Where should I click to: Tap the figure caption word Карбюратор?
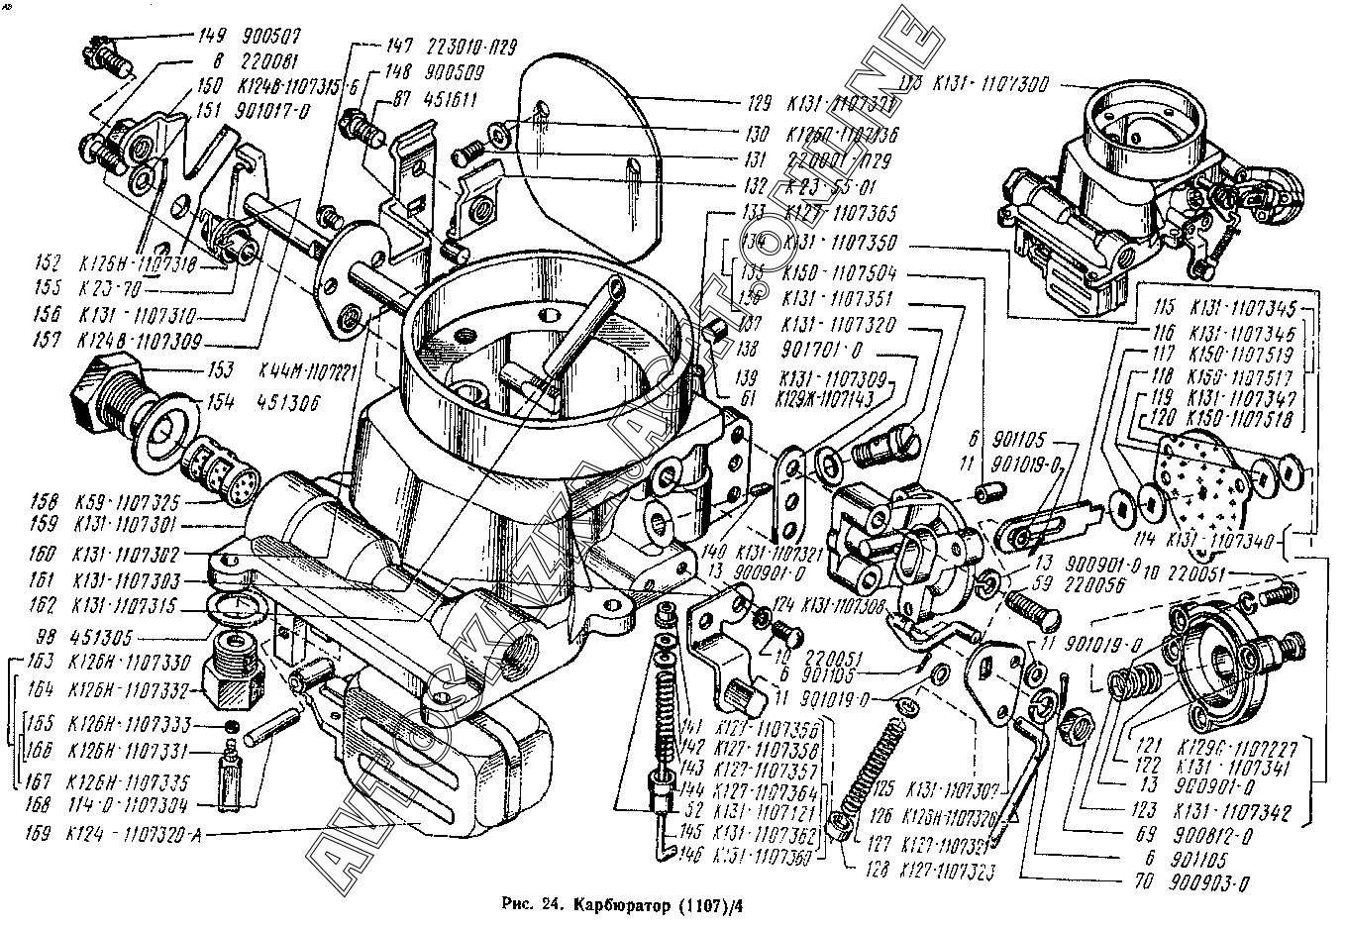click(620, 904)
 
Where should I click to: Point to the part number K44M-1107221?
click(307, 371)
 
